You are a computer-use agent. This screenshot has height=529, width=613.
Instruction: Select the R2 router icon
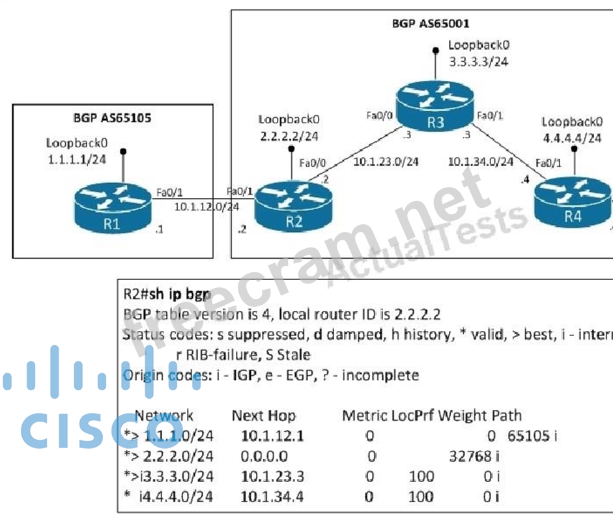pos(294,208)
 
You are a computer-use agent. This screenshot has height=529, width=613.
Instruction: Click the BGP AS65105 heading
pos(113,119)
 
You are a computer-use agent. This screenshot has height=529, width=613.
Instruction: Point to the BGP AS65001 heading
pos(431,24)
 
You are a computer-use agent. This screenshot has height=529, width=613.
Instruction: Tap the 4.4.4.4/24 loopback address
pos(571,138)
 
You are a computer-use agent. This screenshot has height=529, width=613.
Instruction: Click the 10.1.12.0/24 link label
pos(207,207)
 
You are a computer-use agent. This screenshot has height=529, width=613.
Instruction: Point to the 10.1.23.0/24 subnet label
pos(386,162)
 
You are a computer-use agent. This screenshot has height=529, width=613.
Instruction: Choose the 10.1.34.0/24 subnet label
pos(481,162)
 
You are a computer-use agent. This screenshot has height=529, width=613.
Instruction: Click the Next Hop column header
pos(264,416)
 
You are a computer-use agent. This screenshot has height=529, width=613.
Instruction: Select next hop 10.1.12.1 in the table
pos(272,435)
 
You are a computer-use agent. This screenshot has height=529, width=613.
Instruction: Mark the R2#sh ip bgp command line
pos(167,295)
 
